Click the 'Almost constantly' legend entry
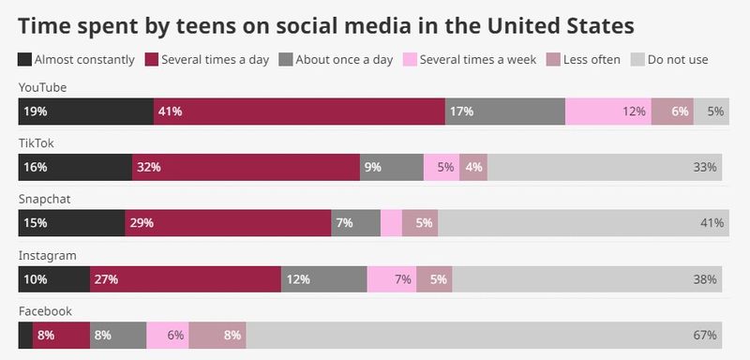(77, 60)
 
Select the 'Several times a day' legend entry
(207, 60)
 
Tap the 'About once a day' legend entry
(338, 60)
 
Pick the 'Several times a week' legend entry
(470, 60)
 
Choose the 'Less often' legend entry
(584, 60)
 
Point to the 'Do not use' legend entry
(668, 60)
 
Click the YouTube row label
(42, 88)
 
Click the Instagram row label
(47, 255)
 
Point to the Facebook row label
(45, 311)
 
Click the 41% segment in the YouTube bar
(299, 111)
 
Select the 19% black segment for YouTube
(85, 111)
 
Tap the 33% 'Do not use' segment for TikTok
(605, 167)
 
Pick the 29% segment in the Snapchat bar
(228, 223)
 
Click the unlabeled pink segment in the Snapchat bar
(391, 223)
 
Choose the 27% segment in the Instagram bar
(186, 278)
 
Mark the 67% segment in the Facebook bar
(484, 335)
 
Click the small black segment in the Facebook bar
(25, 335)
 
